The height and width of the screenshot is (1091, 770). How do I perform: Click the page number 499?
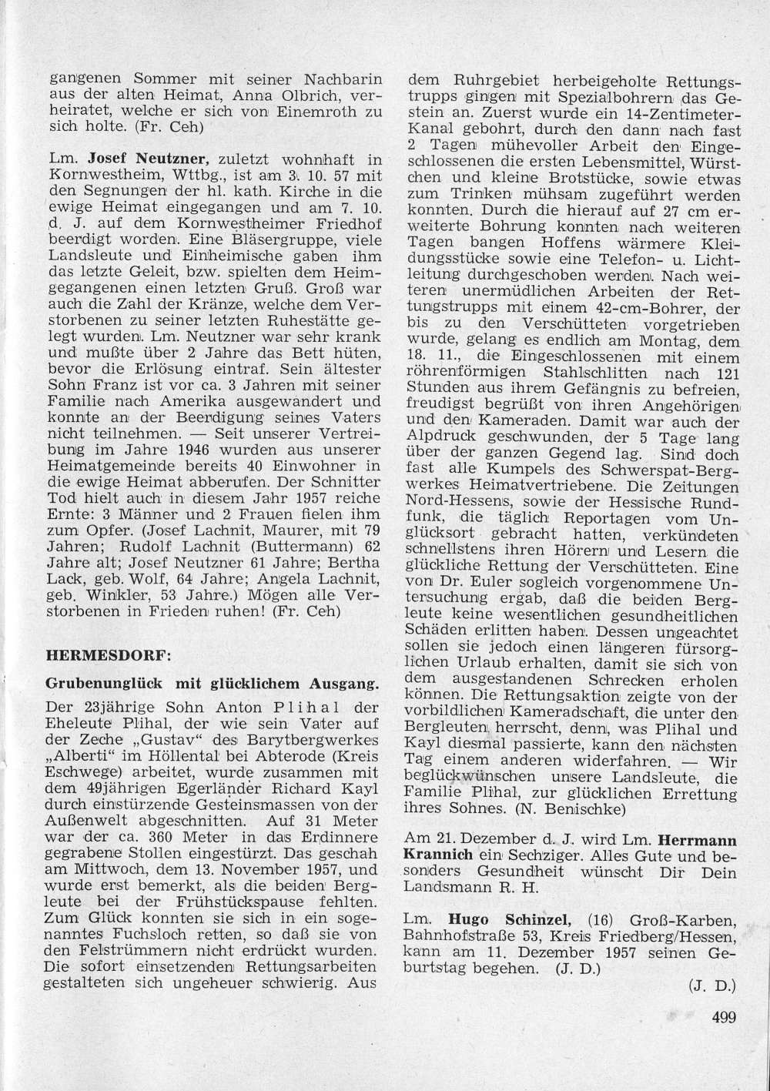(x=724, y=1017)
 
